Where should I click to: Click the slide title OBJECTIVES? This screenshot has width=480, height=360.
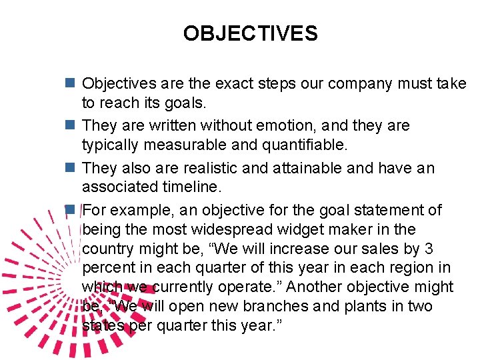[x=251, y=33]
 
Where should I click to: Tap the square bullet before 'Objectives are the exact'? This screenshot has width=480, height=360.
[x=69, y=84]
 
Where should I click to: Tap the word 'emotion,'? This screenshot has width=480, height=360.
[x=259, y=126]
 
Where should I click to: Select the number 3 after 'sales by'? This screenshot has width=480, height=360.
[x=429, y=249]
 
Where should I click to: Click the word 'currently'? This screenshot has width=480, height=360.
[x=183, y=287]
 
